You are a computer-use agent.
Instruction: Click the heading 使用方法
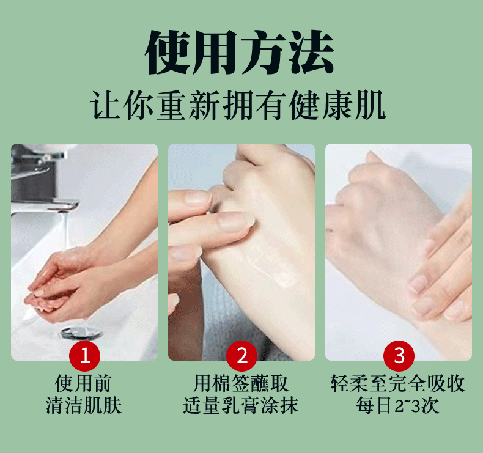[x=239, y=52]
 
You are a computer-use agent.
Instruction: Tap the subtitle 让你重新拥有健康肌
[x=238, y=105]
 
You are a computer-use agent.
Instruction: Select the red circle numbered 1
[x=85, y=356]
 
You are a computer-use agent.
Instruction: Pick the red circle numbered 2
[x=242, y=356]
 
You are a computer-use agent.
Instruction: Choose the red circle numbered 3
[x=399, y=356]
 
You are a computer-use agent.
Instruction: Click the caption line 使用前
[x=83, y=383]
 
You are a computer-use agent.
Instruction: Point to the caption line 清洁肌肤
[x=84, y=405]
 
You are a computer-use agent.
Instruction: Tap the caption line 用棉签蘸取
[x=240, y=383]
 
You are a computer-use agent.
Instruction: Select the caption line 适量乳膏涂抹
[x=240, y=405]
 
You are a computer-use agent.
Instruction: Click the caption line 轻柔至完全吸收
[x=397, y=383]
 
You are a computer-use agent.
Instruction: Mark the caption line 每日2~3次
[x=397, y=405]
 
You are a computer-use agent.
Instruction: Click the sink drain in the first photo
[x=81, y=333]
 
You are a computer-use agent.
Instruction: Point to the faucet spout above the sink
[x=46, y=205]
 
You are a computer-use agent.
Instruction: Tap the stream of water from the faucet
[x=65, y=231]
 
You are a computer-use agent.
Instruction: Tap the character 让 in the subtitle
[x=105, y=105]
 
